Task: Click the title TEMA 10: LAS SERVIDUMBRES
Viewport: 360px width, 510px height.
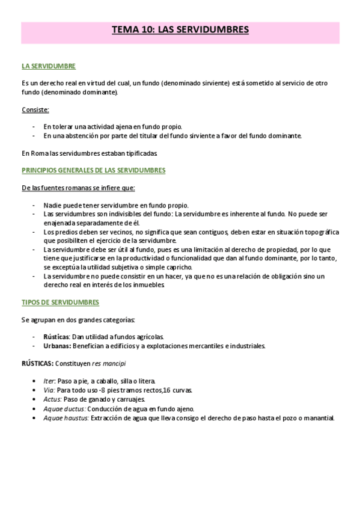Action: pos(180,29)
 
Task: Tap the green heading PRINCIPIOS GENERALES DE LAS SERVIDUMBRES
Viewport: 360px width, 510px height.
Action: pos(93,170)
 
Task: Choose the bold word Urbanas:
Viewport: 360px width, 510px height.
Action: pos(58,346)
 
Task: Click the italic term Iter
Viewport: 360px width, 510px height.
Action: pos(49,381)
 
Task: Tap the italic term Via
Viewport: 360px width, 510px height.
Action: pos(49,390)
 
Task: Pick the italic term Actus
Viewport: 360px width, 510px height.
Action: pos(52,399)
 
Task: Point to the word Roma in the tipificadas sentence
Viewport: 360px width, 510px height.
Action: pos(39,153)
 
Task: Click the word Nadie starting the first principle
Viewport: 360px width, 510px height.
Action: pos(53,205)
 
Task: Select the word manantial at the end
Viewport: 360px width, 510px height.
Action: pos(317,417)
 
